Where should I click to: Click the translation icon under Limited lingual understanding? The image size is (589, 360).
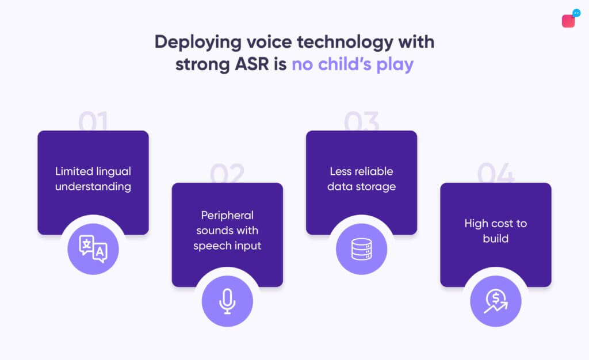pyautogui.click(x=93, y=248)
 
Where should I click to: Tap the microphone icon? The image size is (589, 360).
pyautogui.click(x=227, y=301)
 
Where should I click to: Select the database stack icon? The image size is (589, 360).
pyautogui.click(x=361, y=248)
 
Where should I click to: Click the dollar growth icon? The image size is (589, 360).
pyautogui.click(x=495, y=301)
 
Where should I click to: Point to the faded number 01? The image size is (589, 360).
pyautogui.click(x=93, y=122)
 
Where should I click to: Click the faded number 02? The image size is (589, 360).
pyautogui.click(x=227, y=174)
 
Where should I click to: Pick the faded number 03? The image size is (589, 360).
pyautogui.click(x=362, y=122)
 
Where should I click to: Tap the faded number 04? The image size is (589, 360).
pyautogui.click(x=496, y=174)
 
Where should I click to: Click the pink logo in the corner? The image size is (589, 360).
pyautogui.click(x=569, y=20)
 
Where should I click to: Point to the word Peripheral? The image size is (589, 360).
pyautogui.click(x=227, y=215)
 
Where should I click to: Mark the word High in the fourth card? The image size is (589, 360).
pyautogui.click(x=476, y=223)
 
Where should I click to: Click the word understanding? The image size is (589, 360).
pyautogui.click(x=93, y=186)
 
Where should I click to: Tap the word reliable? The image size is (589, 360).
pyautogui.click(x=373, y=171)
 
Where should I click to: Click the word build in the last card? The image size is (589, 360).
pyautogui.click(x=496, y=238)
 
